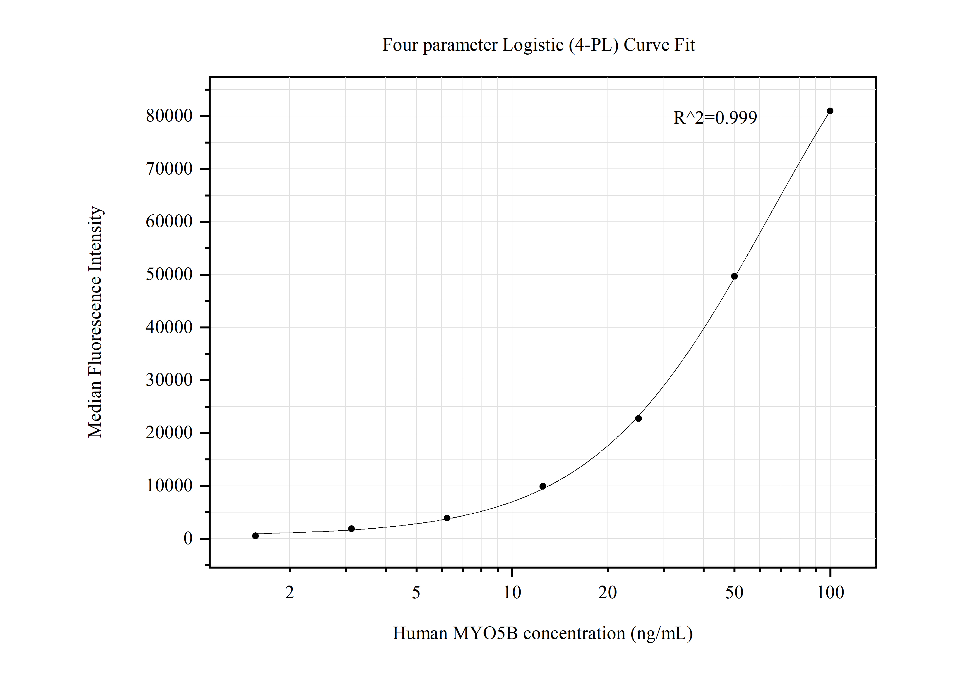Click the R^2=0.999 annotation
[715, 118]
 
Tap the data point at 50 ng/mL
[734, 276]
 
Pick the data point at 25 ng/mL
[638, 418]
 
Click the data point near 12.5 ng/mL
[543, 486]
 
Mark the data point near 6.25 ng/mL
[447, 518]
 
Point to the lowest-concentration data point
[255, 536]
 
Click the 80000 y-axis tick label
[169, 116]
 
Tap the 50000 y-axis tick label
[169, 275]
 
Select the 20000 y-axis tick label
[169, 433]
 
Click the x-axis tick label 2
[290, 593]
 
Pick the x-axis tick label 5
[416, 593]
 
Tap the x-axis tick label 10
[512, 593]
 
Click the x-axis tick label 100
[830, 593]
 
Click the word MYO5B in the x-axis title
[485, 633]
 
